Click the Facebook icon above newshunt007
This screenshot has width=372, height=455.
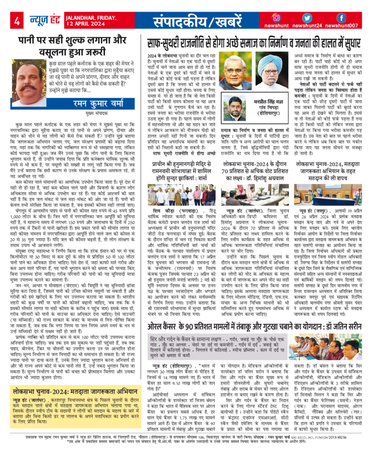341,17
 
